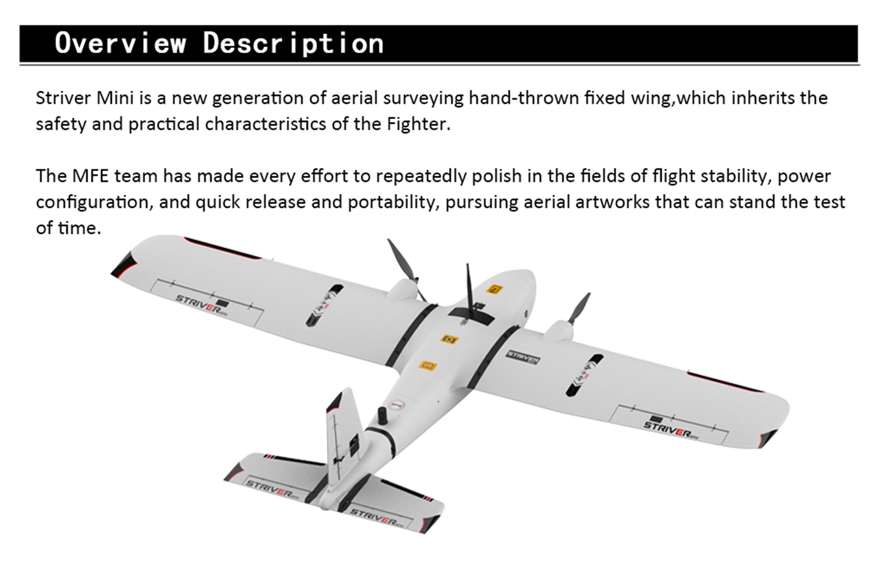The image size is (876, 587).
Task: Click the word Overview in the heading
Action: [x=120, y=43]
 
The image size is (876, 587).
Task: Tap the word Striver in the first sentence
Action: [x=64, y=98]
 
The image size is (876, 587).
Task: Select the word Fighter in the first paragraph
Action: [x=418, y=124]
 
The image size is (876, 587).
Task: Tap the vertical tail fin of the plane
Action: [x=343, y=438]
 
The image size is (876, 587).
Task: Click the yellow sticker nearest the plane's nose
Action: [x=494, y=289]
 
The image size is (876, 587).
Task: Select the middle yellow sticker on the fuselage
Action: [x=449, y=339]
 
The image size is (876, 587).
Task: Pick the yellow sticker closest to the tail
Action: [x=427, y=366]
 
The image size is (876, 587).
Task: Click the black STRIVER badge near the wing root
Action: [x=523, y=357]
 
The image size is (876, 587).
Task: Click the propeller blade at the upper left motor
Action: [x=405, y=267]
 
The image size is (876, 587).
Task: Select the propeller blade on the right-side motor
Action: [x=579, y=308]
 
